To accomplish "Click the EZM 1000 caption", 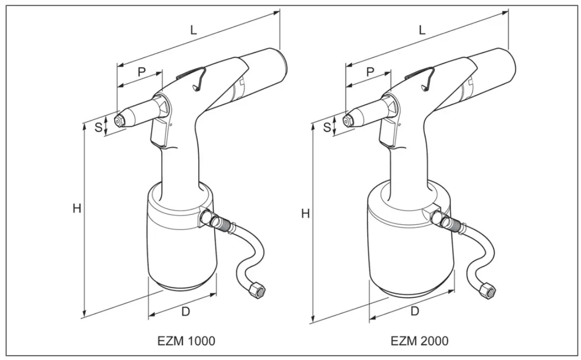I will tap(186, 340).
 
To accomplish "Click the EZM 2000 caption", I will tap(419, 340).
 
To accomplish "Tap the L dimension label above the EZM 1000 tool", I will tap(193, 29).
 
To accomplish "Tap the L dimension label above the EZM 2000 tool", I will tap(422, 29).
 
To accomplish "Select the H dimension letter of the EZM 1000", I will tap(77, 209).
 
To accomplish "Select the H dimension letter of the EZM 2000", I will tap(305, 214).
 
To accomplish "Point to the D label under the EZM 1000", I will tap(186, 311).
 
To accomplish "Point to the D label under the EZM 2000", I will tap(415, 311).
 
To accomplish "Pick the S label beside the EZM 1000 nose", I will tap(98, 127).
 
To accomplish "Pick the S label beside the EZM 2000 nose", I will tap(326, 127).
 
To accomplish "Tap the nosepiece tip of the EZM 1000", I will tap(119, 120).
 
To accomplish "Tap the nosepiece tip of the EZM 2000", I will tap(347, 120).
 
